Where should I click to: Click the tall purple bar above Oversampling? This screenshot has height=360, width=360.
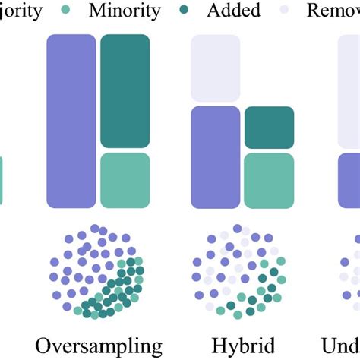71,122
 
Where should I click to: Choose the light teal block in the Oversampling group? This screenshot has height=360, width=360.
125,180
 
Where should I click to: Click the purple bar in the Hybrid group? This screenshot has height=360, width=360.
215,156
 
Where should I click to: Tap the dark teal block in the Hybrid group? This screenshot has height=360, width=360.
269,127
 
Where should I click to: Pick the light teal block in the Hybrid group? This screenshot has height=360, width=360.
269,180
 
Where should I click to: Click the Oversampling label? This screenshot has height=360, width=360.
99,346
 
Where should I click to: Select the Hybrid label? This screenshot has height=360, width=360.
242,346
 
